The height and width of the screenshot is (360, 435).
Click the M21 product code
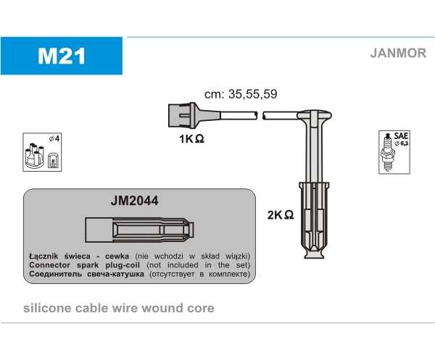pyautogui.click(x=62, y=56)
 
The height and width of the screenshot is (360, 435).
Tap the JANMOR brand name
pyautogui.click(x=398, y=53)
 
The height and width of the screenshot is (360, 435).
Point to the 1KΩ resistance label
pyautogui.click(x=191, y=138)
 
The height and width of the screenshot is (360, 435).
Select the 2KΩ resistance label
pyautogui.click(x=280, y=215)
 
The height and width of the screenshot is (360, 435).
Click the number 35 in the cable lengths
pyautogui.click(x=235, y=94)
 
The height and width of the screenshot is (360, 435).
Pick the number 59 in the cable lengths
pyautogui.click(x=270, y=94)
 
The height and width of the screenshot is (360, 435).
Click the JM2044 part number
pyautogui.click(x=134, y=201)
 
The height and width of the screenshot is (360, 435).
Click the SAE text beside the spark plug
pyautogui.click(x=401, y=135)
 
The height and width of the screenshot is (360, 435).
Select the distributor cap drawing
pyautogui.click(x=34, y=156)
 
